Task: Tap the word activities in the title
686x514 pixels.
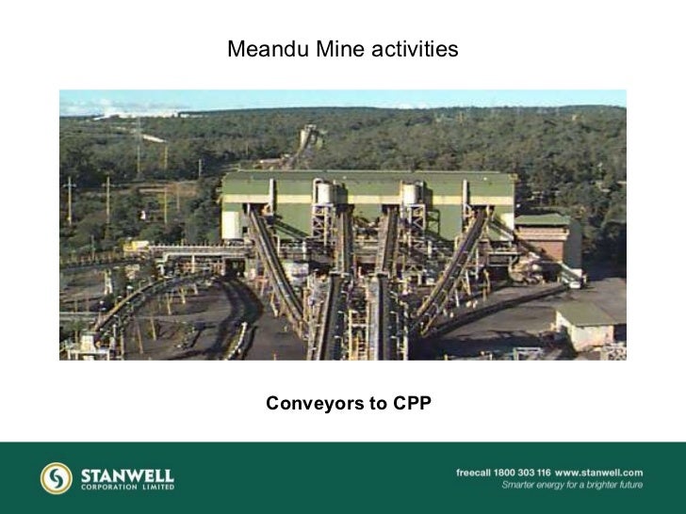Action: pos(414,48)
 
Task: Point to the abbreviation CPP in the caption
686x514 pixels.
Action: pos(412,405)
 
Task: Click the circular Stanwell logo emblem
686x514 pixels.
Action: pos(56,477)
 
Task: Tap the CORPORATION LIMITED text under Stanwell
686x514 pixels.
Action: pos(127,489)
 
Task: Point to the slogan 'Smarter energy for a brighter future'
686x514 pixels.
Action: pos(571,486)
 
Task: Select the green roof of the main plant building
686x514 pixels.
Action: pos(367,176)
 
